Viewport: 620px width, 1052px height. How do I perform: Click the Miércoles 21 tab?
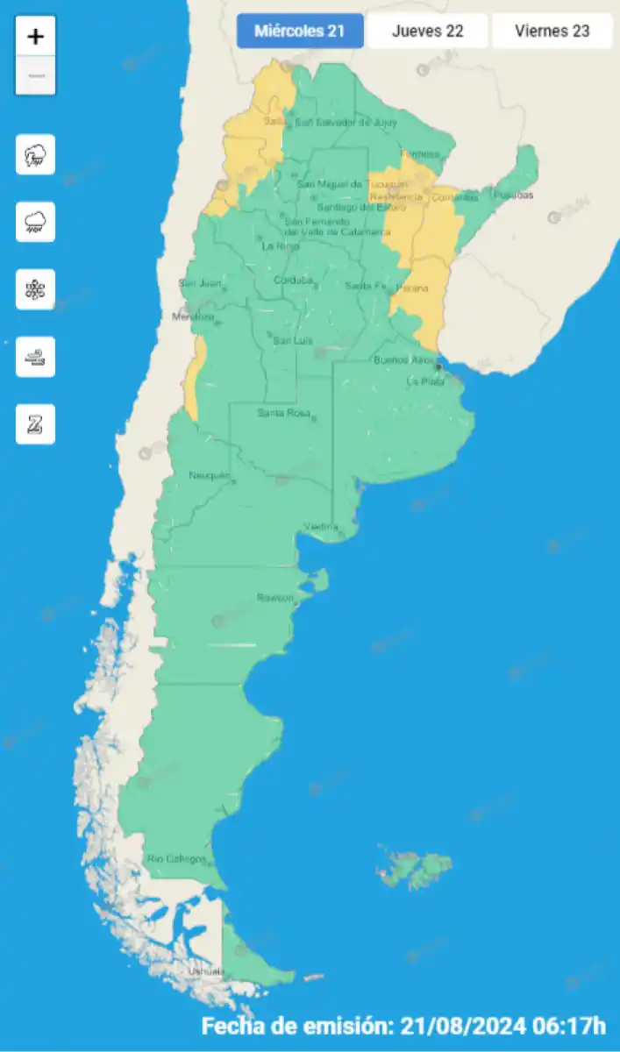coord(299,32)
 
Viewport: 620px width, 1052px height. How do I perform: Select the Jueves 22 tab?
coord(427,32)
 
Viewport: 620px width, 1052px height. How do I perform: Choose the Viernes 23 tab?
coord(552,32)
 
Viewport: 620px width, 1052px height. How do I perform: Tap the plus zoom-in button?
coord(36,37)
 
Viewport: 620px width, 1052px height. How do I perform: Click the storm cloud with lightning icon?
coord(36,155)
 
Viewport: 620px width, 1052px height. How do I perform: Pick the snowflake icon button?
coord(36,289)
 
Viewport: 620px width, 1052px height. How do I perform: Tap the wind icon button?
coord(36,357)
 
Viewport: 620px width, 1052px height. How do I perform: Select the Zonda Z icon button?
coord(36,424)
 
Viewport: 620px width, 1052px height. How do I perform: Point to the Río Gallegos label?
coord(176,858)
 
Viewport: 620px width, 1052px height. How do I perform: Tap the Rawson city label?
coord(274,597)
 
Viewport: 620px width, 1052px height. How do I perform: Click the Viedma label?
coord(321,526)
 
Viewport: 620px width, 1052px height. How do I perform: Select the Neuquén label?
coord(209,475)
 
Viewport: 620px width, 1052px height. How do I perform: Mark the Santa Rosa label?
coord(283,413)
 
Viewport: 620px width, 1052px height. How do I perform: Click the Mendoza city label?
coord(193,316)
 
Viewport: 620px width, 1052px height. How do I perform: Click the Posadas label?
coord(513,195)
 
